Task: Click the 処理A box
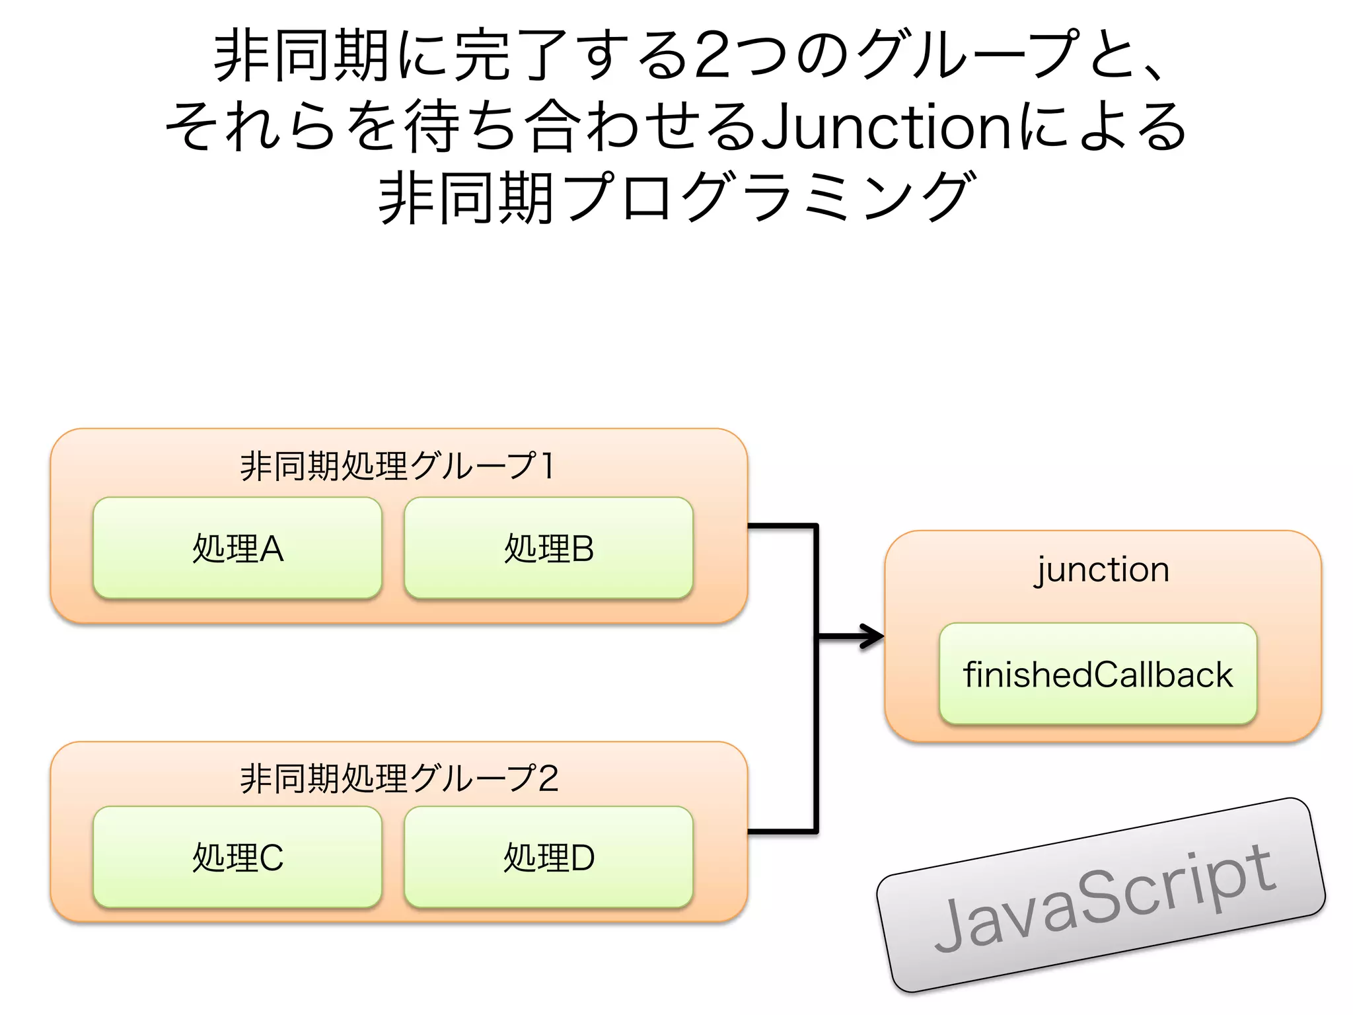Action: tap(237, 548)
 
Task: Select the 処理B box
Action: tap(548, 548)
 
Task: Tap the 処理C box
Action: tap(237, 858)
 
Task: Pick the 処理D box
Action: tap(548, 858)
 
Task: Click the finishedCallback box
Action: tap(1097, 675)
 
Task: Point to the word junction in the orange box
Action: tap(1102, 570)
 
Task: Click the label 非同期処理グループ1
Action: tap(397, 466)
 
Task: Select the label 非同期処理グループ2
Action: tap(399, 778)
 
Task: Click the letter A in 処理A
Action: tap(272, 549)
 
